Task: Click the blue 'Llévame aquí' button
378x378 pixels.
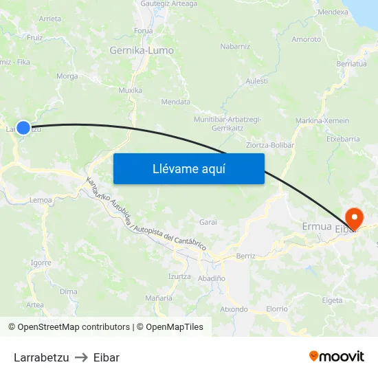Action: [188, 168]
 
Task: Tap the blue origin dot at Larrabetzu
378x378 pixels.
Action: [23, 128]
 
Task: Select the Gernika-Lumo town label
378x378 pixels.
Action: [142, 50]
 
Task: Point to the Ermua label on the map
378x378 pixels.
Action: [317, 227]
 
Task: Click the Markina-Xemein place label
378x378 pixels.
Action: [322, 121]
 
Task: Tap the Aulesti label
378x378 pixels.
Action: [256, 80]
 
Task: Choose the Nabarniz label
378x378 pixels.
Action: [235, 47]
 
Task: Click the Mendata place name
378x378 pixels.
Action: [175, 102]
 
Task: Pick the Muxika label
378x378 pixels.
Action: [130, 90]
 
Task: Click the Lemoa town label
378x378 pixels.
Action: [41, 200]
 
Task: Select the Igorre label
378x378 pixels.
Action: [41, 263]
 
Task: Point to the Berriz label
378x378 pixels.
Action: [245, 256]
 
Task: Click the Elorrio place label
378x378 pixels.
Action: [277, 309]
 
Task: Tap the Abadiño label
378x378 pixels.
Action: [211, 278]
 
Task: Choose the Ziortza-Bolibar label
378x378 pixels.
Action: [270, 145]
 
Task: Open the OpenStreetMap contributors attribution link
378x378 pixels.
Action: [74, 327]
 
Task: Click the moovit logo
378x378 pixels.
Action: [337, 357]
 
